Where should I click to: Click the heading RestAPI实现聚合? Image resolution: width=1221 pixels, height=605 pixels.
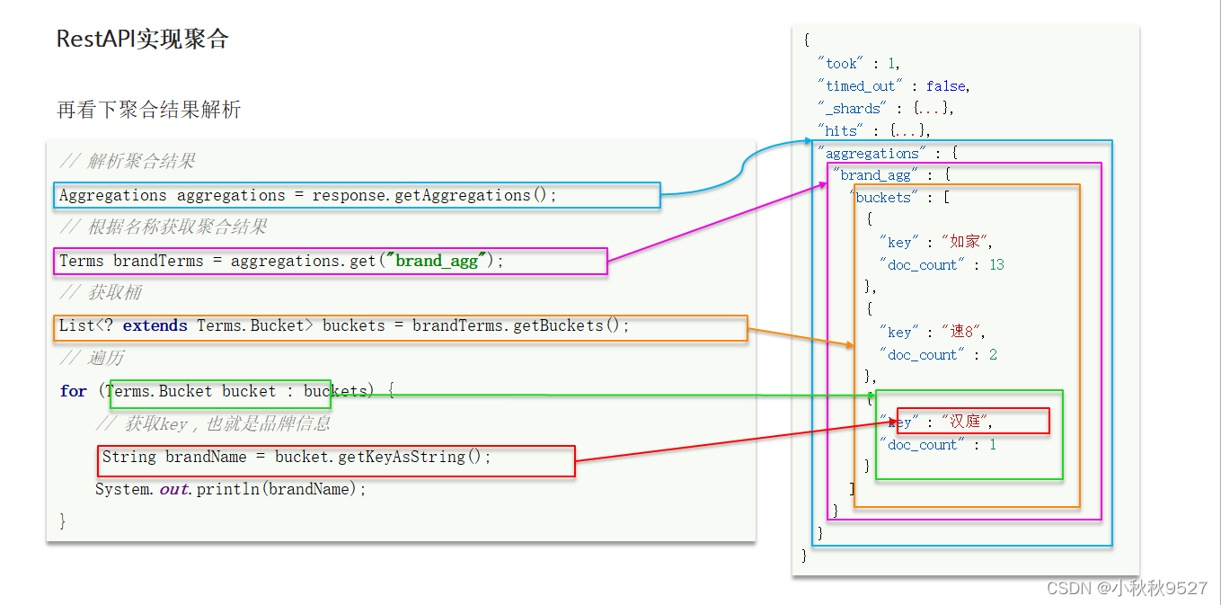coord(142,40)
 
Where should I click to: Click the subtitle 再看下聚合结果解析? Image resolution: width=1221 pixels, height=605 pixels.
coord(148,111)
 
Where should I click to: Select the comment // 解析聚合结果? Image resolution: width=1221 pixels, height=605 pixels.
coord(127,162)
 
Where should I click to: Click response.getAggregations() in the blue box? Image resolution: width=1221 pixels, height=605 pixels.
coord(435,195)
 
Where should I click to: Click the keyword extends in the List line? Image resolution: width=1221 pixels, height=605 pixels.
coord(155,325)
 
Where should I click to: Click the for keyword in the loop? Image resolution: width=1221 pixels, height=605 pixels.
coord(73,391)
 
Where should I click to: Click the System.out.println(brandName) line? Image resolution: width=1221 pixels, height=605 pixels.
coord(231,489)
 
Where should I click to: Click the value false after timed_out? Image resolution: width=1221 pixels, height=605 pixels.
coord(946,86)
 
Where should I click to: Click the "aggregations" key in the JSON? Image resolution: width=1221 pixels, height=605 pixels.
coord(872,154)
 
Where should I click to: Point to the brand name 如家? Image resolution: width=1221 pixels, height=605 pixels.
coord(965,242)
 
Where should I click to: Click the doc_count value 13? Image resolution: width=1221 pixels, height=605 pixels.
coord(996,265)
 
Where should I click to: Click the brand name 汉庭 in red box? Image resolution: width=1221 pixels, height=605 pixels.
coord(966,422)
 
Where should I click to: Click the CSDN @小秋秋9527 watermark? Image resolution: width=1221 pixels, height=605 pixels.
coord(1127,588)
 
